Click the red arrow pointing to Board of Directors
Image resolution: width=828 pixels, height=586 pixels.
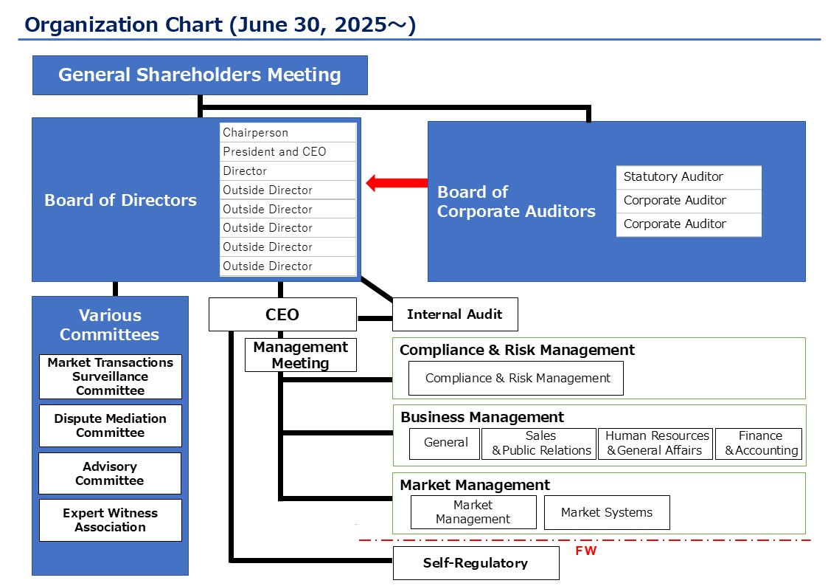397,183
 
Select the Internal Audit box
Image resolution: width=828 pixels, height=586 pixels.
455,314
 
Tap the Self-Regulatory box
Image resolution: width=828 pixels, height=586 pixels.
476,562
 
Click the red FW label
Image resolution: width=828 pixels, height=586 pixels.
586,551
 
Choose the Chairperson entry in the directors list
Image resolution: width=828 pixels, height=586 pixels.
288,133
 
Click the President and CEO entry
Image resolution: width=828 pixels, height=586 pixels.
288,151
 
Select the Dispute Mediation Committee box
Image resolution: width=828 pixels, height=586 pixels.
111,425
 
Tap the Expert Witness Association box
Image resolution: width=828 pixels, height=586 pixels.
111,520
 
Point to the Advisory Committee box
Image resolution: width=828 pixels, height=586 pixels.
110,474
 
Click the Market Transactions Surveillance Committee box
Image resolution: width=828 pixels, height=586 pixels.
111,376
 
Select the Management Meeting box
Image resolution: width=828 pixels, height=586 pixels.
301,355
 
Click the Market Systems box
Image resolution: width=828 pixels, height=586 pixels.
607,512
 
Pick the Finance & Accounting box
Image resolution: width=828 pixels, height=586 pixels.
759,444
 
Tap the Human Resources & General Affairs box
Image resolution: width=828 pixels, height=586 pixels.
655,444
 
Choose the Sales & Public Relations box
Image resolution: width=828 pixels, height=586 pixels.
539,444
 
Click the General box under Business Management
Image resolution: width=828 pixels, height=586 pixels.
445,444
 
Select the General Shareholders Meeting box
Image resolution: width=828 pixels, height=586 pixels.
200,75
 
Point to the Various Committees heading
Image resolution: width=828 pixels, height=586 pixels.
110,325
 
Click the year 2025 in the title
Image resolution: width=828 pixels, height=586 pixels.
361,25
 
